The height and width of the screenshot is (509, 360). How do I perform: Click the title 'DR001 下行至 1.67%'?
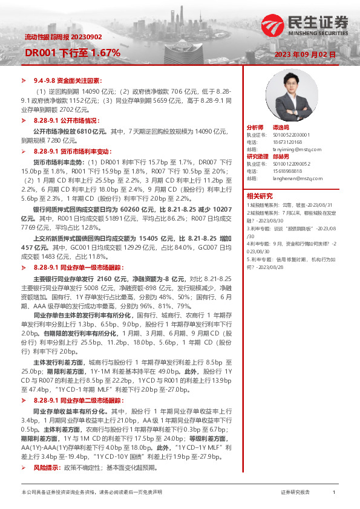pos(72,53)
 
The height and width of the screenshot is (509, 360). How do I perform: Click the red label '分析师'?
pos(255,128)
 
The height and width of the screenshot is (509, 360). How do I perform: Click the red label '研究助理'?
pos(257,157)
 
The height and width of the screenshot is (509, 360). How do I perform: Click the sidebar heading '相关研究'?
pos(260,195)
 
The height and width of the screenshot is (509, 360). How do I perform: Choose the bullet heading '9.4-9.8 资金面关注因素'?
pos(67,80)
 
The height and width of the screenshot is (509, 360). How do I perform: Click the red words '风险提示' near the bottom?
pos(45,467)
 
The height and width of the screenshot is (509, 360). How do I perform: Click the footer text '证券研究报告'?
pos(295,493)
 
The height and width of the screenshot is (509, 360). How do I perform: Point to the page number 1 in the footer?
pos(334,493)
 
